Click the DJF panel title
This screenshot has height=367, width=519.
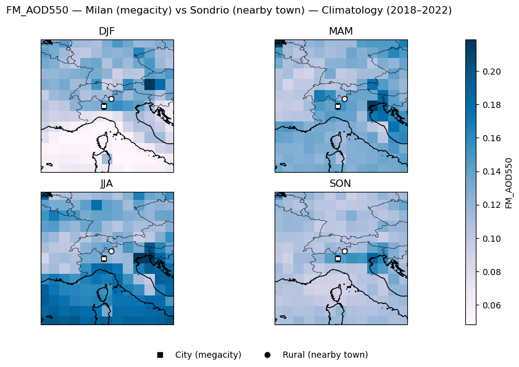click(107, 31)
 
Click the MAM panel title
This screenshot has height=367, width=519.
click(341, 31)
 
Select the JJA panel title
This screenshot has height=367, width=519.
click(107, 184)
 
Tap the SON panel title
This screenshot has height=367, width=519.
click(341, 184)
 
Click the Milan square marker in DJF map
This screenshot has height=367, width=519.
click(104, 106)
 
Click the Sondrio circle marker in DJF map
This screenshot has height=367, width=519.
click(111, 99)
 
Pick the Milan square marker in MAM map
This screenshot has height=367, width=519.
click(338, 106)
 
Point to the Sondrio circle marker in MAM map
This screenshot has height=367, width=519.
click(345, 99)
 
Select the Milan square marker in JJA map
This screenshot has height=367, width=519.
click(104, 258)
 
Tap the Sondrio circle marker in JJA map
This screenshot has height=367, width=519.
click(111, 251)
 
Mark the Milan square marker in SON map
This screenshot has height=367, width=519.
click(338, 258)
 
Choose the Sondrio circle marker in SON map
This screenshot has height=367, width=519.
click(345, 251)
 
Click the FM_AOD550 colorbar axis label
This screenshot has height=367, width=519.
click(509, 183)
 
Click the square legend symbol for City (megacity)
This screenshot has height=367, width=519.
click(160, 355)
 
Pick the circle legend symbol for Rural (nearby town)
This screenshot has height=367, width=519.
click(267, 355)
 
